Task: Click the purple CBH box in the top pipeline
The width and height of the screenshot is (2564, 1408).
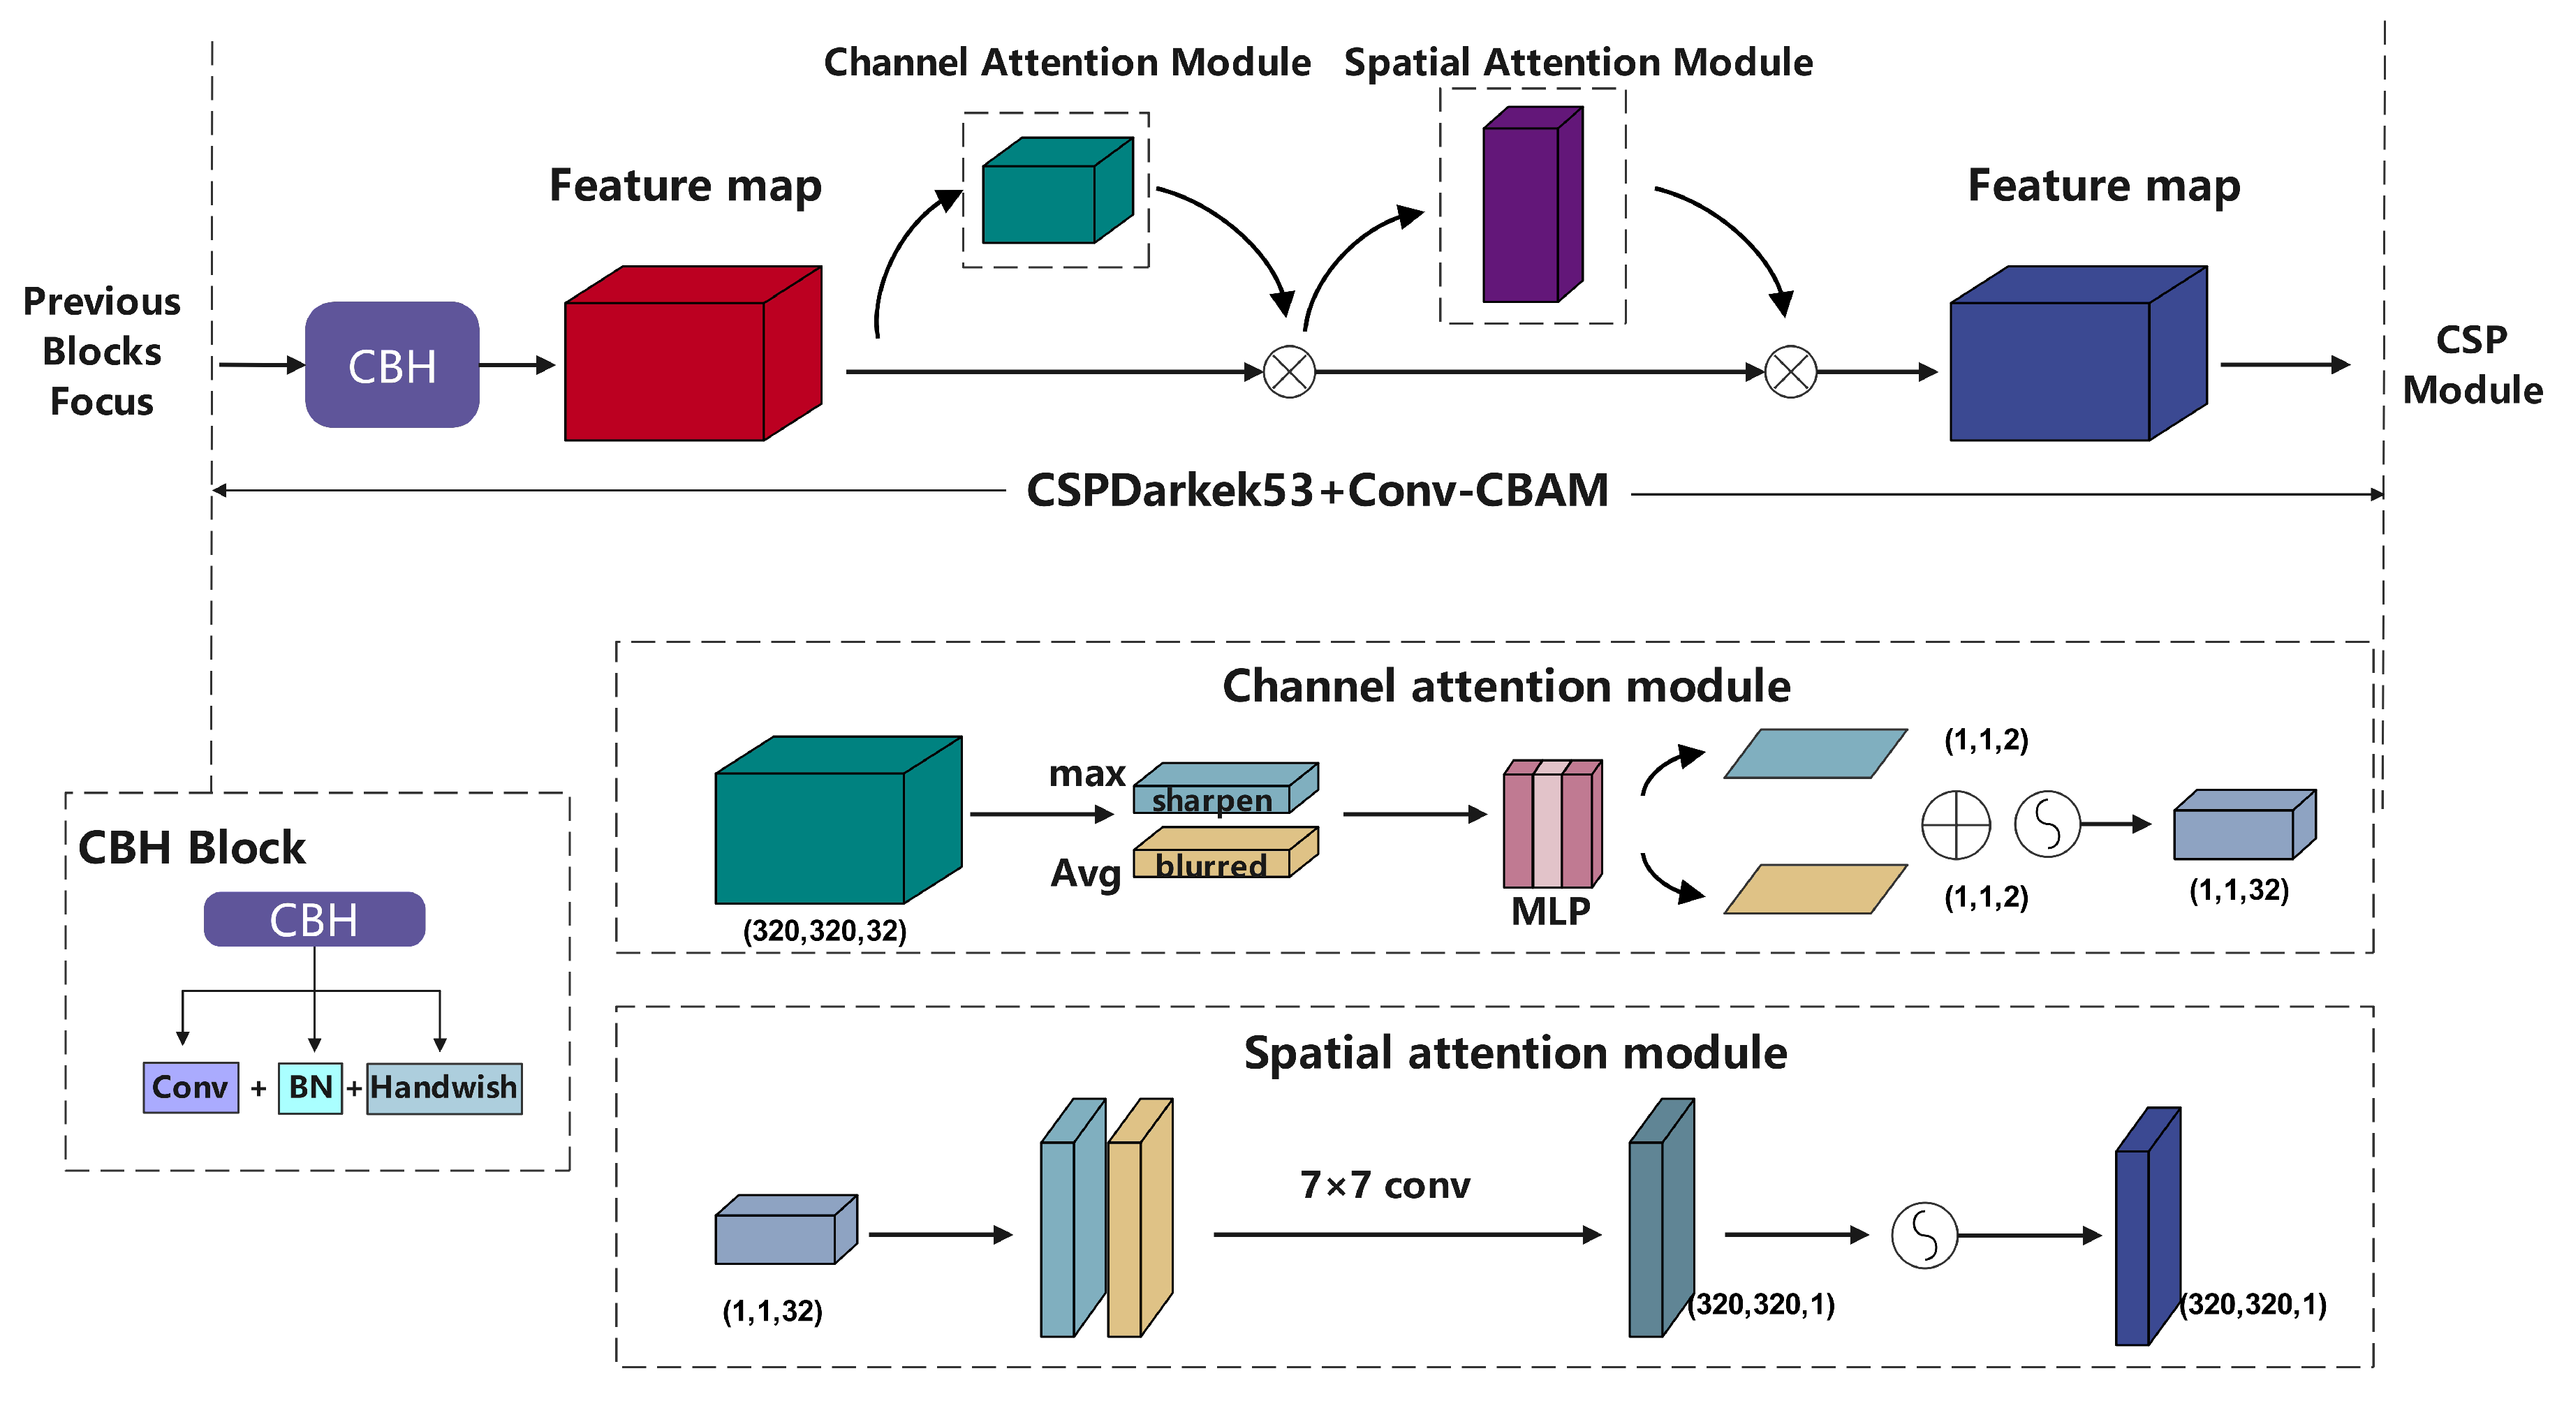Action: pyautogui.click(x=392, y=365)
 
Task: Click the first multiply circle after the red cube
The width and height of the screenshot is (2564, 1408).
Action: pyautogui.click(x=1289, y=372)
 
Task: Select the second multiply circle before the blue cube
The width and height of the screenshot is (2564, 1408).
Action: pyautogui.click(x=1790, y=372)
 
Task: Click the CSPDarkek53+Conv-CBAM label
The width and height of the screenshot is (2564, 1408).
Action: pyautogui.click(x=1317, y=491)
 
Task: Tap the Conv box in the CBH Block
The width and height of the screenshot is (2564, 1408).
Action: pyautogui.click(x=190, y=1088)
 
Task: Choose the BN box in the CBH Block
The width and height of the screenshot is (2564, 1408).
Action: pyautogui.click(x=309, y=1088)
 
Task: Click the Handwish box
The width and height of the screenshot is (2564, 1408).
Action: pyautogui.click(x=444, y=1088)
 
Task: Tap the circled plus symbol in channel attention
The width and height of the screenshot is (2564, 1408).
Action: pyautogui.click(x=1956, y=825)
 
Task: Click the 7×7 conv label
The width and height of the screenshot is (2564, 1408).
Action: pyautogui.click(x=1385, y=1185)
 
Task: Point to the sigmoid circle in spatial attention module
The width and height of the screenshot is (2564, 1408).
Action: pyautogui.click(x=1924, y=1235)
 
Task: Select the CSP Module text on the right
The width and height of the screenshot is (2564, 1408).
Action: pyautogui.click(x=2473, y=365)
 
